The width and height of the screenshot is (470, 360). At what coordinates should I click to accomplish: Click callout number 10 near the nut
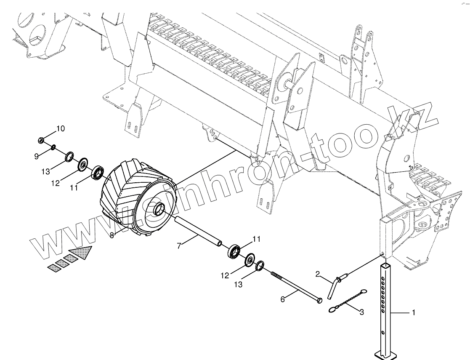60,128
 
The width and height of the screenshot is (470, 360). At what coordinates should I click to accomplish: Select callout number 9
37,156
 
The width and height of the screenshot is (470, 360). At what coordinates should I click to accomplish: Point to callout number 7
179,246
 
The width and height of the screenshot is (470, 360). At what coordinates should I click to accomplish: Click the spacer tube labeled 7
198,231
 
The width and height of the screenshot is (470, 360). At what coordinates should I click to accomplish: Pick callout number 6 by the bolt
283,299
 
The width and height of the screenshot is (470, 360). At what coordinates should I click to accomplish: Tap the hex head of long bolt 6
320,300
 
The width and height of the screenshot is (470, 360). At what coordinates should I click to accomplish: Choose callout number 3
361,312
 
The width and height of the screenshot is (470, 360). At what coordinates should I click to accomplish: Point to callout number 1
413,312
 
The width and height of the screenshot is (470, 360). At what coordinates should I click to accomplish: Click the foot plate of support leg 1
385,355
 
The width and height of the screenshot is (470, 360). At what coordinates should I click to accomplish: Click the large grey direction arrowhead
82,253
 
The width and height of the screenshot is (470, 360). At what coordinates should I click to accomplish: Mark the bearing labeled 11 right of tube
234,252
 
